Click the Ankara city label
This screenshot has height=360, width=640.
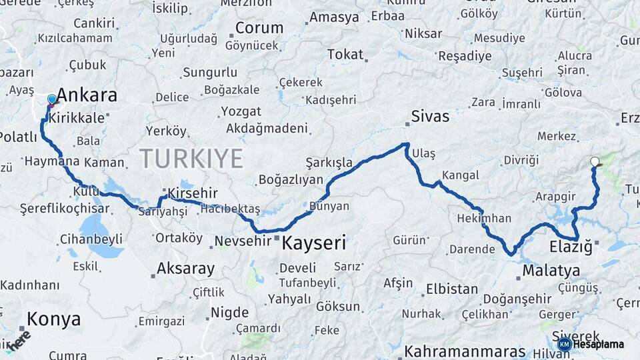[x=87, y=95]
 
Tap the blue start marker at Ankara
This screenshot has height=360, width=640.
[x=52, y=100]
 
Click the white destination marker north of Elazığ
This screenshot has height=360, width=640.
[x=595, y=161]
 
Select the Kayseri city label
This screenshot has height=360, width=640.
[x=314, y=243]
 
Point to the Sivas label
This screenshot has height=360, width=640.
[x=430, y=117]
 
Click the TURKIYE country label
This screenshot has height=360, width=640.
[x=191, y=159]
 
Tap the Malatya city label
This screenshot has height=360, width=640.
[x=551, y=271]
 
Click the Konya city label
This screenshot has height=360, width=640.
[x=54, y=319]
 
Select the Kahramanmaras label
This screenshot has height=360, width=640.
[x=465, y=351]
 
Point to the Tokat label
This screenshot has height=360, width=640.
[x=345, y=55]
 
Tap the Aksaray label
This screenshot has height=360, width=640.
[x=185, y=269]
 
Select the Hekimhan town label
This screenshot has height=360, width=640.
[x=485, y=218]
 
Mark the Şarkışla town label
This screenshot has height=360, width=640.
[x=329, y=163]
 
